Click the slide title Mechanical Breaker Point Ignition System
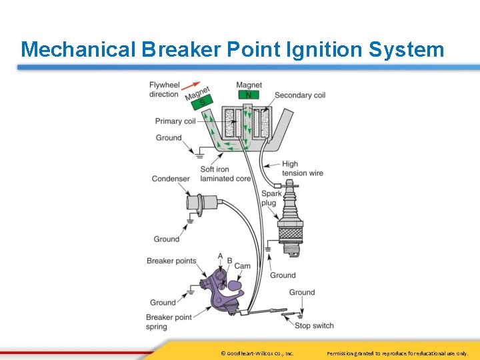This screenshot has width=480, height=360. pyautogui.click(x=232, y=49)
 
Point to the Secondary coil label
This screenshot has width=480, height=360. pyautogui.click(x=300, y=95)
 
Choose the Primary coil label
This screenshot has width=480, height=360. pyautogui.click(x=175, y=121)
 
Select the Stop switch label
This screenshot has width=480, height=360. pyautogui.click(x=314, y=325)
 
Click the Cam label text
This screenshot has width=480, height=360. pyautogui.click(x=243, y=266)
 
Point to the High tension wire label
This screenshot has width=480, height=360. pyautogui.click(x=302, y=169)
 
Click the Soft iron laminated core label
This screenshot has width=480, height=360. pyautogui.click(x=225, y=174)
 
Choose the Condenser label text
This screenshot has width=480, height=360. pyautogui.click(x=171, y=179)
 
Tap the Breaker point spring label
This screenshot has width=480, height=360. pyautogui.click(x=169, y=322)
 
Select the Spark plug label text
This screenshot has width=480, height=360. pyautogui.click(x=271, y=198)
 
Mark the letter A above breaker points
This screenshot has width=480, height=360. pyautogui.click(x=220, y=256)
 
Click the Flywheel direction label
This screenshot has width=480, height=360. pyautogui.click(x=164, y=89)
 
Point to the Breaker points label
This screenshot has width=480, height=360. pyautogui.click(x=171, y=261)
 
